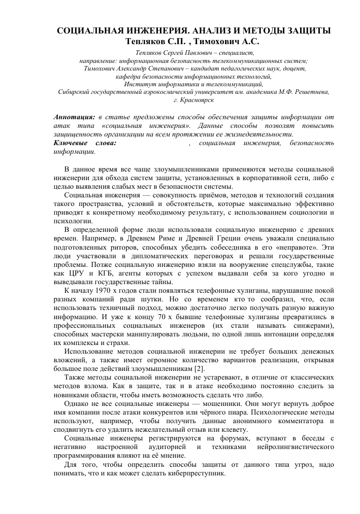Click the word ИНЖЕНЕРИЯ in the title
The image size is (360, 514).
146,31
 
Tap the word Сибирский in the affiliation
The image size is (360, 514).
72,92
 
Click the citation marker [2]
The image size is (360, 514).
200,367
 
